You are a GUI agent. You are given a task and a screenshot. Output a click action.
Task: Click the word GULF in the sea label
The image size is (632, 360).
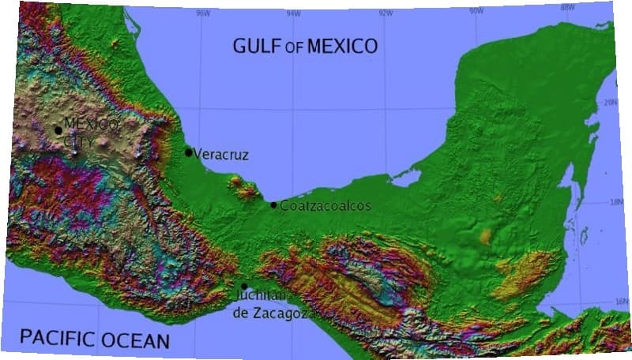(257, 46)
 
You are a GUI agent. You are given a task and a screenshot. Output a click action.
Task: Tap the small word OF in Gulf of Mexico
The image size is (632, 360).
(294, 47)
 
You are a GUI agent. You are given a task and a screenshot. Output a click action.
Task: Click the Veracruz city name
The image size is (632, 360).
(221, 155)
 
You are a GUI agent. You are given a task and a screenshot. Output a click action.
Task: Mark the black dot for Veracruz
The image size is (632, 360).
(188, 152)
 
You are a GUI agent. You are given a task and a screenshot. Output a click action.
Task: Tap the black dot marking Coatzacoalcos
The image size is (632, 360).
(273, 205)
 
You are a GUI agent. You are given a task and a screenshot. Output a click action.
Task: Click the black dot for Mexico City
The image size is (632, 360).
(58, 130)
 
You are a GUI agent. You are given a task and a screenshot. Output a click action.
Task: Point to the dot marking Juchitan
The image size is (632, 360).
(244, 287)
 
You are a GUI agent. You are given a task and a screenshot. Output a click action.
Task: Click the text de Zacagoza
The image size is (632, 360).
(275, 313)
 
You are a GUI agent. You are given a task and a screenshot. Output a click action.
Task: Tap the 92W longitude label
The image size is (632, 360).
(386, 12)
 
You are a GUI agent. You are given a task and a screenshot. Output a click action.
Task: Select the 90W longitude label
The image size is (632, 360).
(476, 10)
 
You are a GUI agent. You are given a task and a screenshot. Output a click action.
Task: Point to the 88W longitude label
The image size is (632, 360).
(566, 8)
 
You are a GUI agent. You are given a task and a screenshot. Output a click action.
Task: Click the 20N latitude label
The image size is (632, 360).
(610, 103)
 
